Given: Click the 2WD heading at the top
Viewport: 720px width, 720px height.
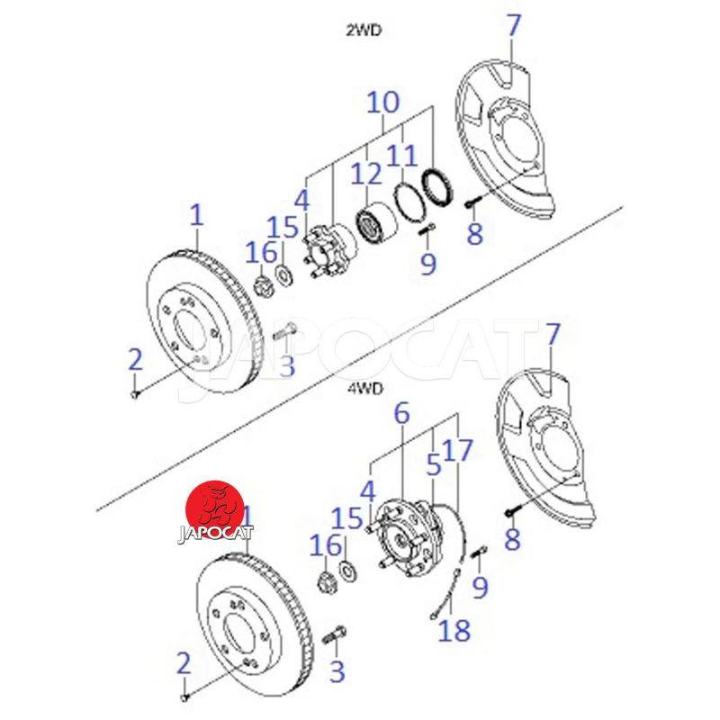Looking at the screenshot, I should click(x=364, y=29).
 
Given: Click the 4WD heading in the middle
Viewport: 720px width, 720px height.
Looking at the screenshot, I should click(x=364, y=388).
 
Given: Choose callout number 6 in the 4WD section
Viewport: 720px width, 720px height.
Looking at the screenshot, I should click(x=401, y=414).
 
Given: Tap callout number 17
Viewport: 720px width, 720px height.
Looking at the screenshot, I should click(x=458, y=450).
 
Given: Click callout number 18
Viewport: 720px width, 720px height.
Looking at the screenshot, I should click(x=455, y=630).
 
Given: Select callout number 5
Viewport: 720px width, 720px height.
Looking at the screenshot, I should click(x=434, y=465).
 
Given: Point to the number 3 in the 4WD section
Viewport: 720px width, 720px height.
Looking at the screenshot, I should click(x=337, y=670).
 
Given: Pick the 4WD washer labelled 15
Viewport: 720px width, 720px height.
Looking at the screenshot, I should click(x=346, y=571).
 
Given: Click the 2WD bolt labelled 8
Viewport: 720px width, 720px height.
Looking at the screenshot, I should click(x=472, y=205).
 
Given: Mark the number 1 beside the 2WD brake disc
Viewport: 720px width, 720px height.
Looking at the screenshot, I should click(x=197, y=215).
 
